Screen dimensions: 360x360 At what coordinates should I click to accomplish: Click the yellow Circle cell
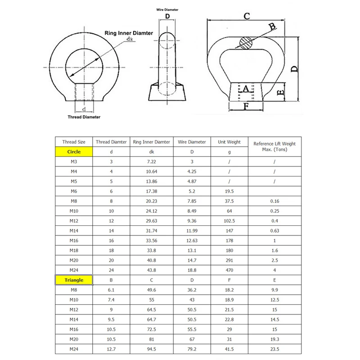tap(74, 152)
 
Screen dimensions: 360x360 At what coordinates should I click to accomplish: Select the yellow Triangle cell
tap(74, 280)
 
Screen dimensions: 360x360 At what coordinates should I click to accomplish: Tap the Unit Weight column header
tap(229, 142)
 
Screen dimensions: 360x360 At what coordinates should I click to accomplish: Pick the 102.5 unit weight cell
tap(229, 221)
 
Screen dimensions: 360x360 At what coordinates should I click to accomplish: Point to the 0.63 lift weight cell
tap(274, 231)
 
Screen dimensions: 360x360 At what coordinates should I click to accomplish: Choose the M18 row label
tap(74, 251)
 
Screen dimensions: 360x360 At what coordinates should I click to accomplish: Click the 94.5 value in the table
tap(152, 349)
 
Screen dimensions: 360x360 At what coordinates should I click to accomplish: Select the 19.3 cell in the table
tap(274, 339)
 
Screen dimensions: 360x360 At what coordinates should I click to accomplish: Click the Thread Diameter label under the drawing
tap(84, 117)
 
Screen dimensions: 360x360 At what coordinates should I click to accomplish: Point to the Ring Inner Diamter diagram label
tap(129, 33)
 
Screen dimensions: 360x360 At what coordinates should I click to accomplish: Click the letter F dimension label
tap(246, 107)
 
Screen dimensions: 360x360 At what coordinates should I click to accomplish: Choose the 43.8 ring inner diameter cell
tap(152, 270)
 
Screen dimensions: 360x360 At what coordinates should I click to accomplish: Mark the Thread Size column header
tap(74, 142)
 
